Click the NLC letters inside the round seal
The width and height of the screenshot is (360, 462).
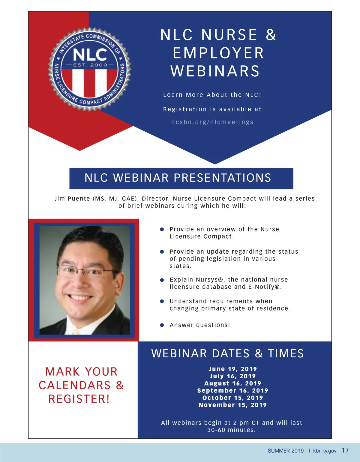pos(90,55)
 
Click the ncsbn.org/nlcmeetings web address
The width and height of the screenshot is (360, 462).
pos(212,122)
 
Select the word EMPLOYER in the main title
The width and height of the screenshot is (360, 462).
pos(218,53)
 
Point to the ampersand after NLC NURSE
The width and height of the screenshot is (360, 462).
pos(271,35)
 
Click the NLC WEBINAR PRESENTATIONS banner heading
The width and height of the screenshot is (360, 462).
pos(178,178)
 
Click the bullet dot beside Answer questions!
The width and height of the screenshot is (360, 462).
pos(162,325)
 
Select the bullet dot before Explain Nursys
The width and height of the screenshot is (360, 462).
pos(162,280)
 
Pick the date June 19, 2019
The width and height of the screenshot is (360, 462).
pos(232,369)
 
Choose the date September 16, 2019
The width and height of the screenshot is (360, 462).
pos(232,391)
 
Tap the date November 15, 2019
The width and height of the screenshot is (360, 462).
pos(232,405)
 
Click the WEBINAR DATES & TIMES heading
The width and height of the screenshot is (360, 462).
pos(227,353)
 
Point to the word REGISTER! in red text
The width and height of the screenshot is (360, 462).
pos(79,399)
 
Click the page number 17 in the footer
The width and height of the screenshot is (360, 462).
pos(345,450)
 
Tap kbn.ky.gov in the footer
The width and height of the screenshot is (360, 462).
pos(325,451)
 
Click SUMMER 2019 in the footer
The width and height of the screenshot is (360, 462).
pos(286,451)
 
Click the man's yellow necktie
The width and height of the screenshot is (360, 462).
pos(76,332)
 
